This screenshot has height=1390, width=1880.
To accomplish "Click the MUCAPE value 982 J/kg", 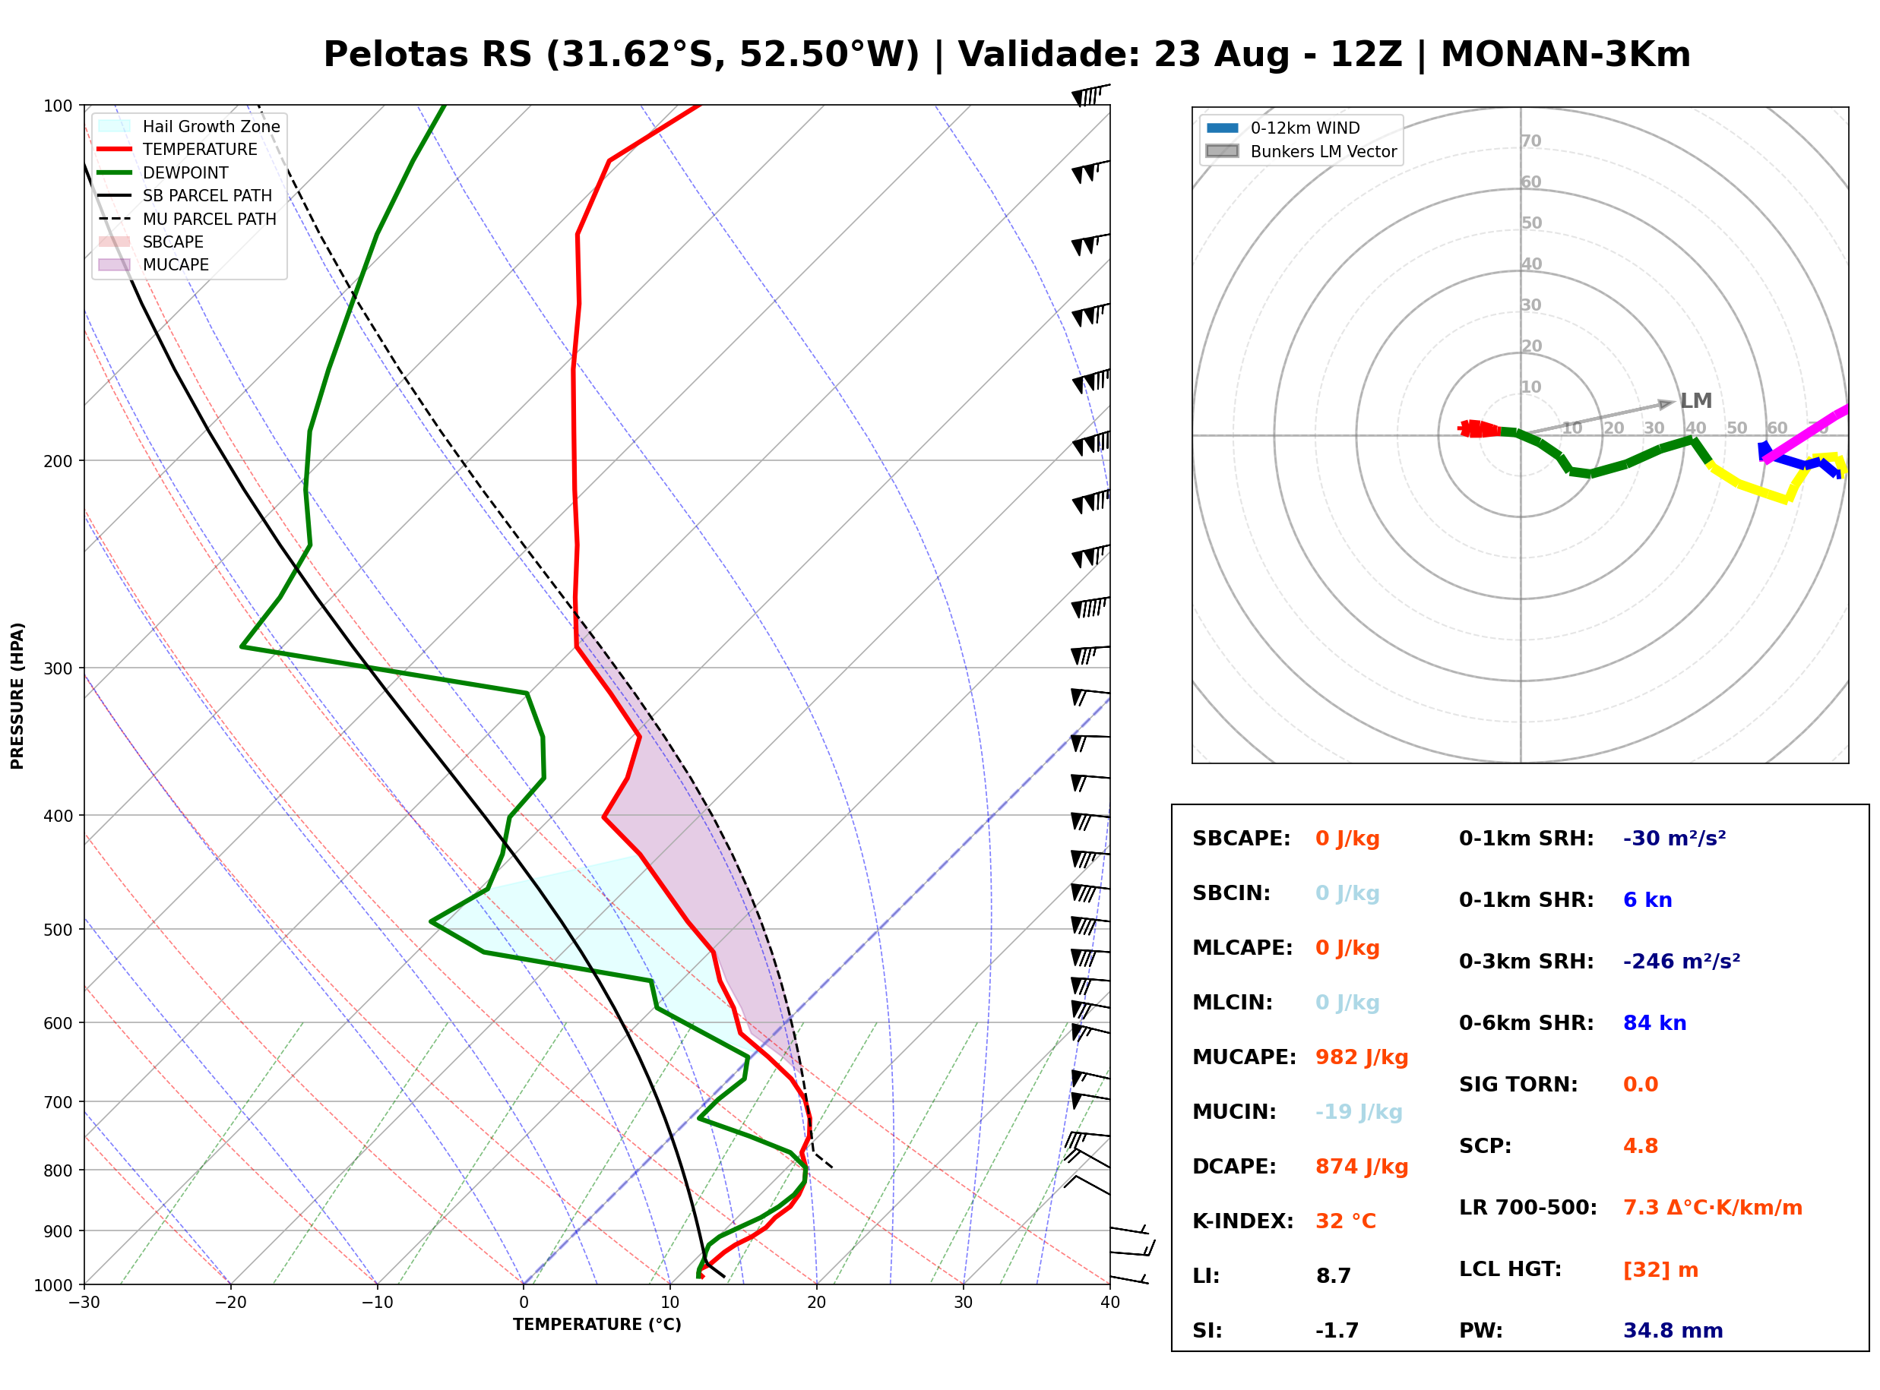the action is point(1361,1057).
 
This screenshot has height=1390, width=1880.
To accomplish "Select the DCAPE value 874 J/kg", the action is point(1361,1166).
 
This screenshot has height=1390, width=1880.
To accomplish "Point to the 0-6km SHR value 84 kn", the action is point(1654,1023).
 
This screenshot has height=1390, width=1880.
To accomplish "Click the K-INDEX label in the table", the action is point(1242,1221).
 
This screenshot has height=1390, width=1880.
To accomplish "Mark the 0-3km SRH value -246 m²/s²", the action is point(1681,961).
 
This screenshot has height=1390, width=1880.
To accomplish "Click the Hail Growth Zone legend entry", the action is point(188,126).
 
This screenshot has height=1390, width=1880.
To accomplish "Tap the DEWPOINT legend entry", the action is point(163,172).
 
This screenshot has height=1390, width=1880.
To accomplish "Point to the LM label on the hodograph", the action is point(1695,400).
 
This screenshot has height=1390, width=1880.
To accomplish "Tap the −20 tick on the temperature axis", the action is point(229,1303).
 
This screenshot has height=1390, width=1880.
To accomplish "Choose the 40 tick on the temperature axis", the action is point(1109,1303).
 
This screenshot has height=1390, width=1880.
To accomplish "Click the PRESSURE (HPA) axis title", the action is point(17,695).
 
